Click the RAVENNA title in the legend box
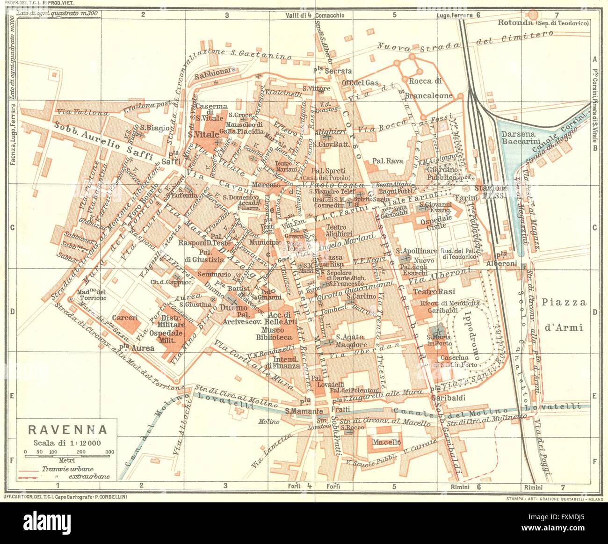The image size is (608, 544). pyautogui.click(x=67, y=429)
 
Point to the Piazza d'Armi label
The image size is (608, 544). pyautogui.click(x=564, y=314)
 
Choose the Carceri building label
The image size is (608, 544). pyautogui.click(x=127, y=318)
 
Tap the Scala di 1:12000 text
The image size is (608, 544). pyautogui.click(x=67, y=443)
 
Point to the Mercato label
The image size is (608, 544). pyautogui.click(x=266, y=185)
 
